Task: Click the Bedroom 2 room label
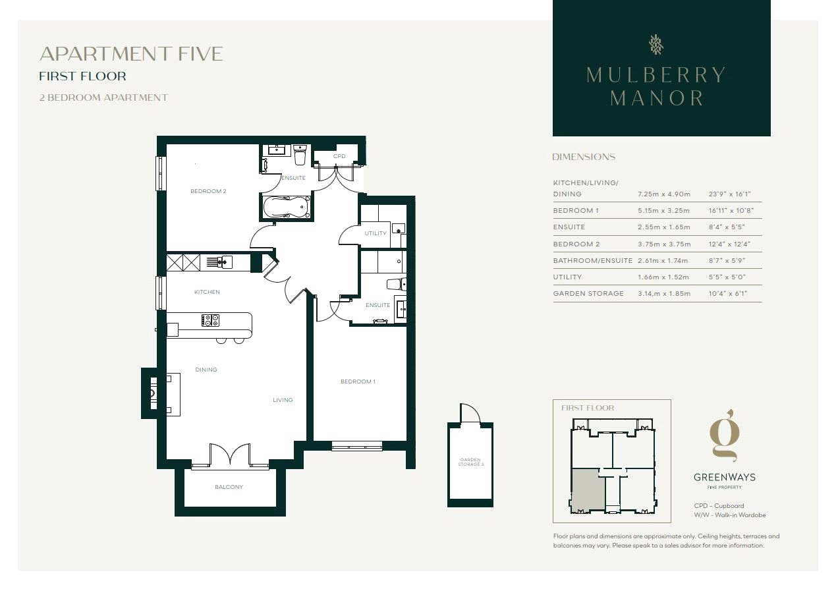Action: coord(208,191)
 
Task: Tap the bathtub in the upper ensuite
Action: coord(287,207)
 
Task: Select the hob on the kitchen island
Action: coord(210,320)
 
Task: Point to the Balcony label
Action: coord(229,487)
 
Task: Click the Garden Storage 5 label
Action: coord(471,462)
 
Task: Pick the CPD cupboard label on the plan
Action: coord(339,156)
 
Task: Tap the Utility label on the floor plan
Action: coord(376,233)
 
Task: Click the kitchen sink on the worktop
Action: coord(224,262)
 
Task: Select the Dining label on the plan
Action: coord(206,370)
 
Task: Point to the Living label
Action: coord(283,400)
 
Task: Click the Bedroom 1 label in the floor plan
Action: coord(358,381)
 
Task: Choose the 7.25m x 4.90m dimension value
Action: coord(664,194)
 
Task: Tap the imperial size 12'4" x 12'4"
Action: coord(729,244)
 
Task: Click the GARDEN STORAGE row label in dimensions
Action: coord(588,294)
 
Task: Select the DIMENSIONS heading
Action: coord(584,157)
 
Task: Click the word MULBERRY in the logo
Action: coord(656,75)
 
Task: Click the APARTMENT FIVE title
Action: coord(131,54)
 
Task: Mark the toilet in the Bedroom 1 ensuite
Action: coord(397,284)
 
